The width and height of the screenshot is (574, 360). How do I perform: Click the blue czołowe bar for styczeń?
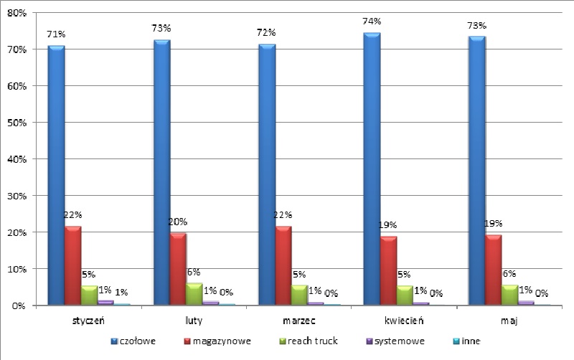(57, 175)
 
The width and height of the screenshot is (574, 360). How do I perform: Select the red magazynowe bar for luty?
(178, 269)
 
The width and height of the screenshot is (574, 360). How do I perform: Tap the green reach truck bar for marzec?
(299, 295)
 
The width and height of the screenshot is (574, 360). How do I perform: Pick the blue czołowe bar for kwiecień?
(372, 169)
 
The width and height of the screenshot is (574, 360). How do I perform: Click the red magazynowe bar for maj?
(494, 270)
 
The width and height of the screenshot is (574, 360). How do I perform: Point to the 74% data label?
(372, 22)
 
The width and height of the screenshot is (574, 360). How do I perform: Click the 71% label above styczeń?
(56, 34)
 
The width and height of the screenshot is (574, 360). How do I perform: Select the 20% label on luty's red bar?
(178, 222)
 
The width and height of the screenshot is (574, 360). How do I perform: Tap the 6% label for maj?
(509, 274)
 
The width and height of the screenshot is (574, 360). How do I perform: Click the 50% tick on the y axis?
(17, 123)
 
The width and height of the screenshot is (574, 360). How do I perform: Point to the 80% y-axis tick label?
(17, 13)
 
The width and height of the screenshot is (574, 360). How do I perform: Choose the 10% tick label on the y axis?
(17, 269)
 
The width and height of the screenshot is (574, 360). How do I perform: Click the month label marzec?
(299, 321)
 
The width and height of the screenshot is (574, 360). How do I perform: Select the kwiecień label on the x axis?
(404, 321)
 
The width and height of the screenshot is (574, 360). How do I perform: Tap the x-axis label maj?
(509, 321)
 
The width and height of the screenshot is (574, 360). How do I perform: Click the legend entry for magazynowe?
(217, 341)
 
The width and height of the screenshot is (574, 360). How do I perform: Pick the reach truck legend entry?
(309, 341)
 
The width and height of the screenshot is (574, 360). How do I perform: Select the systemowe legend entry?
(395, 341)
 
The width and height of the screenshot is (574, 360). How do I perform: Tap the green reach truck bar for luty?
(194, 294)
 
